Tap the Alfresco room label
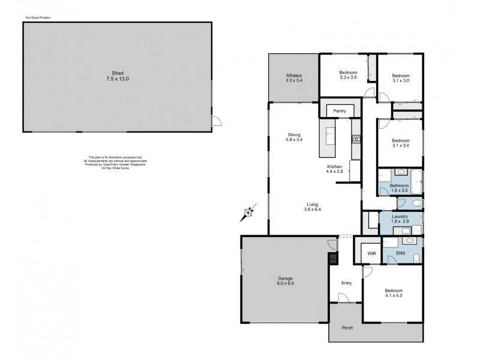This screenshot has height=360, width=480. [294, 77]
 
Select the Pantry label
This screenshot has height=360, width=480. [340, 111]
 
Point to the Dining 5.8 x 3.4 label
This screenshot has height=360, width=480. [294, 137]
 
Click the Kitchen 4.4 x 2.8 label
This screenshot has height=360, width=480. [334, 169]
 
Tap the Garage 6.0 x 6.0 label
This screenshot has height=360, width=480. [286, 280]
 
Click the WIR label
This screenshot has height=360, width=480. [372, 254]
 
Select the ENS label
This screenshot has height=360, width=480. [400, 254]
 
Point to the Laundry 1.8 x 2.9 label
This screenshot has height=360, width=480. [400, 219]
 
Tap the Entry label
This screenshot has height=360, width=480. [346, 283]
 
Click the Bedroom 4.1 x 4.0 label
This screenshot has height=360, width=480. [394, 295]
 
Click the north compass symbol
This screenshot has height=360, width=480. [250, 211]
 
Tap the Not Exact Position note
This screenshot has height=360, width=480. [38, 19]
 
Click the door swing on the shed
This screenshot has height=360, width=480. [217, 121]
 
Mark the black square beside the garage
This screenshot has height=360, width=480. [332, 259]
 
